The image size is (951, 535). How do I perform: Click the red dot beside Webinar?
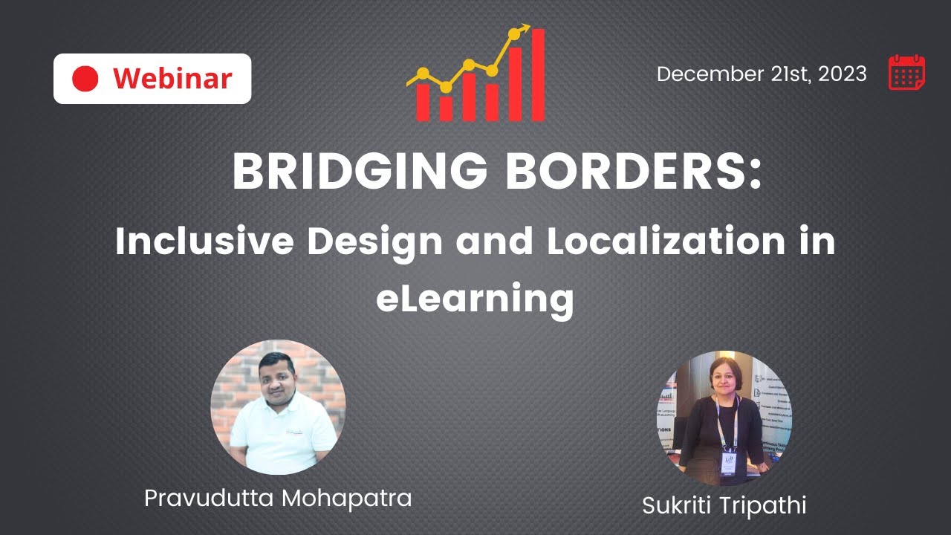tap(85, 78)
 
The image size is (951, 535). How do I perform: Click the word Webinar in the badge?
tap(172, 78)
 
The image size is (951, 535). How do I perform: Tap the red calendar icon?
tap(906, 73)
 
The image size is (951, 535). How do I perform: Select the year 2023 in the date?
tap(843, 74)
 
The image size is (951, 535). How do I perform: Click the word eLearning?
tap(475, 299)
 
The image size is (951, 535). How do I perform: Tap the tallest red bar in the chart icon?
tap(538, 74)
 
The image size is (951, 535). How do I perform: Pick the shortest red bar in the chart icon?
tap(446, 108)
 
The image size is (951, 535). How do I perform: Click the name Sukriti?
tap(677, 505)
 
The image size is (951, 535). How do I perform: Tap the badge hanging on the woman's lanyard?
tap(729, 461)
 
